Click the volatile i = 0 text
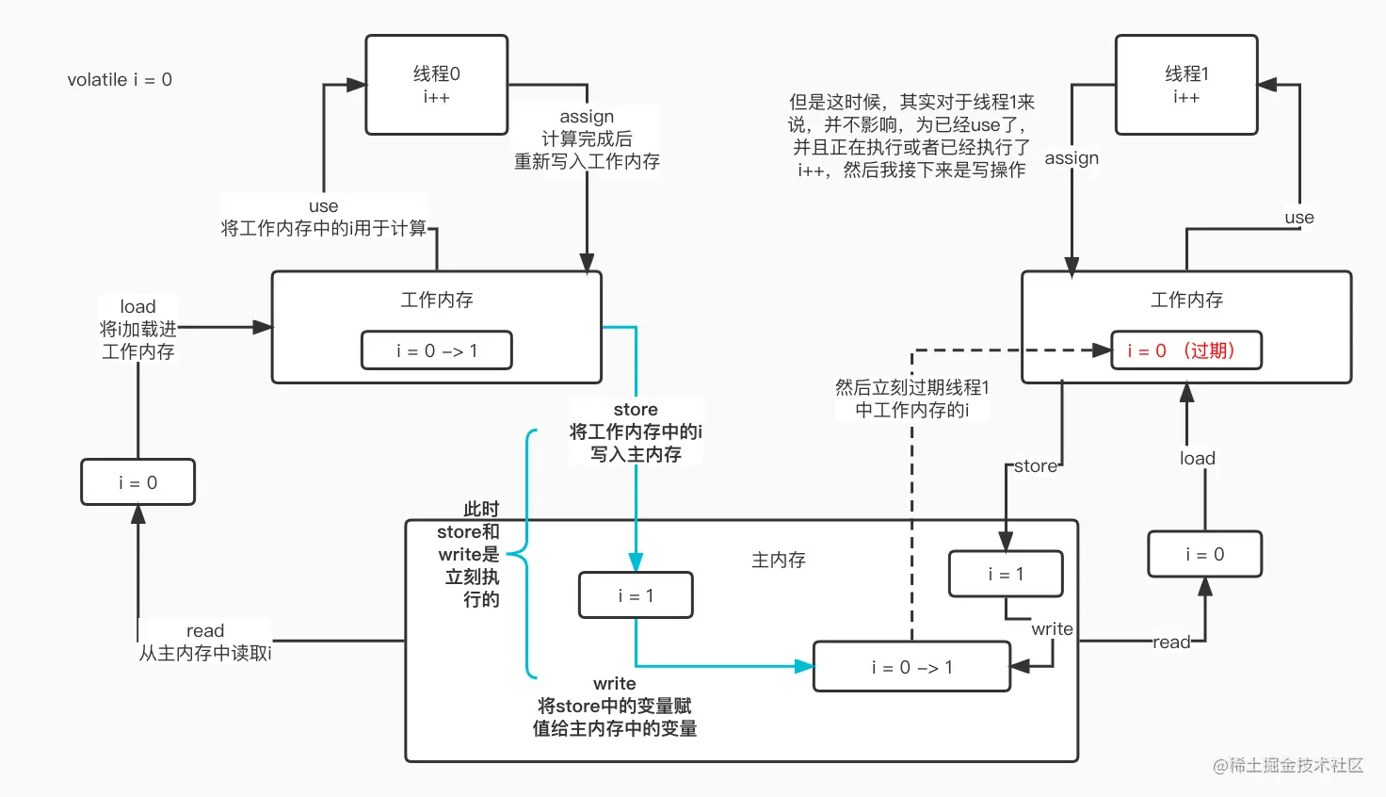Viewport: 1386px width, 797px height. click(120, 80)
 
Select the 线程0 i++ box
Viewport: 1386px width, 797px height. click(436, 85)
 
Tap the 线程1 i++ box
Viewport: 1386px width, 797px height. click(1185, 85)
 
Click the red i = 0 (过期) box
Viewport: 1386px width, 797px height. click(1185, 350)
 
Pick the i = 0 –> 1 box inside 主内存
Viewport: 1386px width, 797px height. click(911, 667)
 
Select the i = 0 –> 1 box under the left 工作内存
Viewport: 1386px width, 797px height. click(436, 350)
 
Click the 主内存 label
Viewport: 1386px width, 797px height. click(778, 560)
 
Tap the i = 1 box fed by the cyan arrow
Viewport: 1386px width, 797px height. click(636, 595)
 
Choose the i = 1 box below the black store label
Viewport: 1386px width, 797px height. click(1005, 574)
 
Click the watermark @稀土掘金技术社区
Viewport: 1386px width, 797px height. click(1287, 765)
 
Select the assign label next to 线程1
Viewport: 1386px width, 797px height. click(1072, 158)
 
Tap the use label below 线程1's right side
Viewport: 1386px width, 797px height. click(1298, 218)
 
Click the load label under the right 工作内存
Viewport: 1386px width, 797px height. click(1197, 459)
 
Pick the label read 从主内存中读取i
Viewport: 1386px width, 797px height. click(205, 642)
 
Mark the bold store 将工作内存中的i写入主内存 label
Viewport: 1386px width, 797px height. click(636, 431)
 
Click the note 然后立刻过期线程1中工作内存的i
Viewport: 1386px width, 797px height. click(911, 398)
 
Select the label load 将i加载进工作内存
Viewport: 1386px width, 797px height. click(138, 329)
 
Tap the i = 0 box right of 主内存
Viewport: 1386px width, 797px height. click(1204, 554)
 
